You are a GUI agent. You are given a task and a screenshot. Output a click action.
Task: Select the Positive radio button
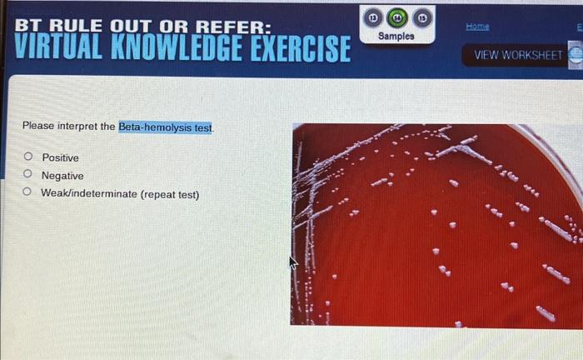coord(27,157)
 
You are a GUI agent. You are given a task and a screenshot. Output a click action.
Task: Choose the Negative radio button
coord(27,175)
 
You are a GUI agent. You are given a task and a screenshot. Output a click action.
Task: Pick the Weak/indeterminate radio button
coord(27,193)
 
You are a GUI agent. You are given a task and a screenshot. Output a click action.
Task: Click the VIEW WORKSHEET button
coord(518,55)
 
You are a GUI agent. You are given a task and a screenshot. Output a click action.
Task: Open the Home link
coord(477,27)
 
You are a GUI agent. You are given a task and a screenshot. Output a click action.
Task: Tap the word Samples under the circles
coord(396,37)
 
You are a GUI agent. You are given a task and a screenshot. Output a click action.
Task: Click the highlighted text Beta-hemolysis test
coord(166,127)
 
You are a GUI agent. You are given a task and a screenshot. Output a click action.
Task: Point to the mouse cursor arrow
coord(292,262)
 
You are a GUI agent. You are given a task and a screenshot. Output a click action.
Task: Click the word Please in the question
coord(38,127)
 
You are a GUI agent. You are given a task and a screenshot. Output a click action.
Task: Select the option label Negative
coord(62,176)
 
